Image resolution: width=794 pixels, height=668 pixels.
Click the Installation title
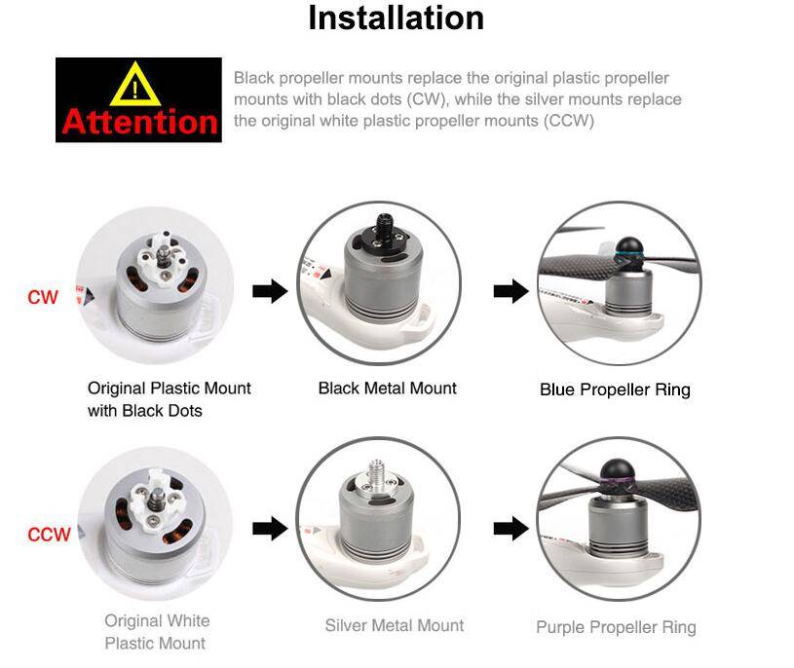tap(396, 19)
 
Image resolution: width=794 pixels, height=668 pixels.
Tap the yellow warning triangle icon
tap(135, 85)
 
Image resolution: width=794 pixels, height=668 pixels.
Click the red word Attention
tap(139, 122)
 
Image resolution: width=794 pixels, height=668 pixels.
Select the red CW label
tap(43, 297)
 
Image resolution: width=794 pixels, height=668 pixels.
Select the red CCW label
tap(49, 535)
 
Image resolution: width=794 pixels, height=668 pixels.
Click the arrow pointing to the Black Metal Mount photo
tap(270, 291)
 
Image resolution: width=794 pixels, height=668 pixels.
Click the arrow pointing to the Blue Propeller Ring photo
tap(510, 291)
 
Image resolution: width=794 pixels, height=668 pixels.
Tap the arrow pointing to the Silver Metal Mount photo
tap(270, 529)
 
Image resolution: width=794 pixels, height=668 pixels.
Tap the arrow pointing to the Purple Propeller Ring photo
tap(510, 529)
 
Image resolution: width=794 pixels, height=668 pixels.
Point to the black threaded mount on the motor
tap(382, 234)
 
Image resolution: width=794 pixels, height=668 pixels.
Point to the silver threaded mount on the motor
tap(376, 480)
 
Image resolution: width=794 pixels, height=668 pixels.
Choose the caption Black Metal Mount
tap(388, 389)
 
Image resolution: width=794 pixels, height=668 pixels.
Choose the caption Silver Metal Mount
tap(395, 625)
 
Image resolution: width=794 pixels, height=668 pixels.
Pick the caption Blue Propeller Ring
tap(616, 390)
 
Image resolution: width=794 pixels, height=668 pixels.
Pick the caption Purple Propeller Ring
tap(617, 627)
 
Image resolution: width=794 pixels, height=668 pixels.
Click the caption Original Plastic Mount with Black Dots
tap(170, 399)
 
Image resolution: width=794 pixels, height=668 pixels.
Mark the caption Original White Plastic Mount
tap(157, 632)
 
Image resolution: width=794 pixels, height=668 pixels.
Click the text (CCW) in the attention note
tap(569, 121)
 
